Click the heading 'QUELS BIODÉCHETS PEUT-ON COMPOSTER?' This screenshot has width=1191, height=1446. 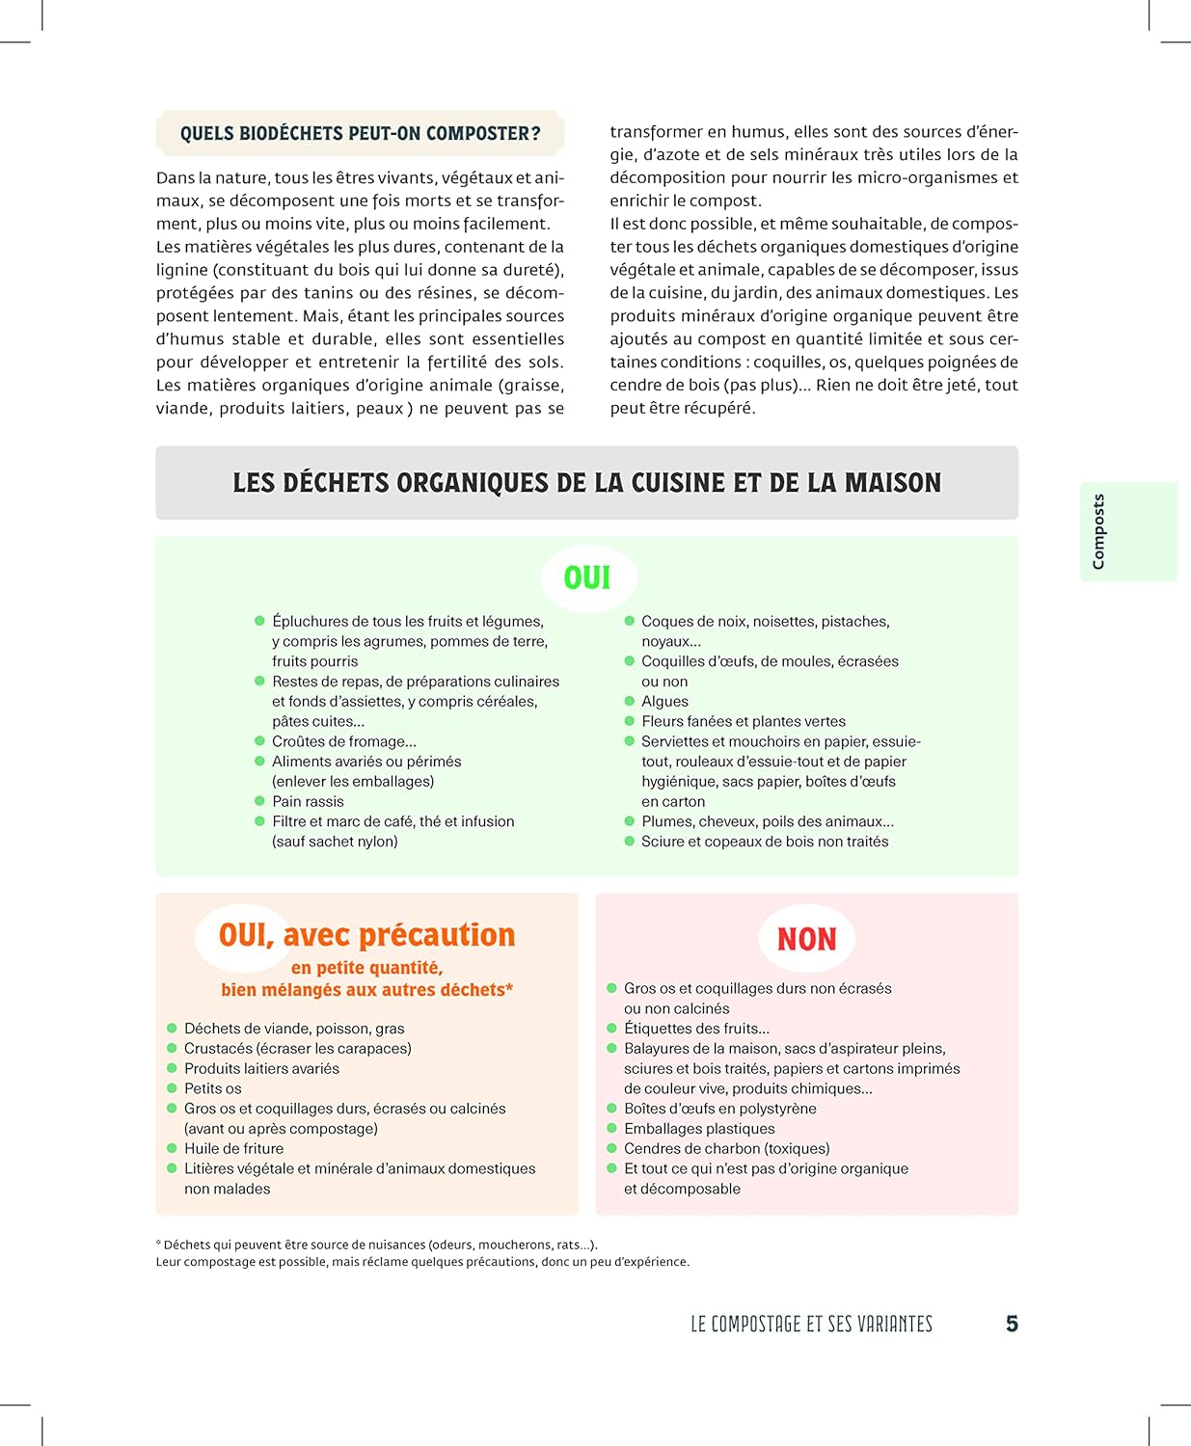tap(360, 134)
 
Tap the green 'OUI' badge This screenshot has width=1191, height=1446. tap(587, 578)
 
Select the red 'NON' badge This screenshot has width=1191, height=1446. tap(806, 939)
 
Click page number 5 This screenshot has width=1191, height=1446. tap(1012, 1324)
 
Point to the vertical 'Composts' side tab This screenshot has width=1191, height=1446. tap(1098, 531)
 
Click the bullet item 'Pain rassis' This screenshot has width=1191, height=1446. tap(308, 801)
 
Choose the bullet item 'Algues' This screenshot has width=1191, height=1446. tap(664, 701)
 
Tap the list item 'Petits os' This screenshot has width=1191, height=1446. tap(213, 1088)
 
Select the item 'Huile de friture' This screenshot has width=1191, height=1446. tap(233, 1148)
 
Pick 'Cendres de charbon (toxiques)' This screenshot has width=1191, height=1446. tap(726, 1148)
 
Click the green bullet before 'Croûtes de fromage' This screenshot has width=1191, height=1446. tap(259, 741)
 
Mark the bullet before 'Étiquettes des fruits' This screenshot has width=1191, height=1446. tap(611, 1029)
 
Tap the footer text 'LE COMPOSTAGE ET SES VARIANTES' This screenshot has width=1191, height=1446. tap(811, 1325)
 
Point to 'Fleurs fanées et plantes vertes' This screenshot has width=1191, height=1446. tap(743, 721)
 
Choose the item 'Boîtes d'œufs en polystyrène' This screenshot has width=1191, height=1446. tap(719, 1109)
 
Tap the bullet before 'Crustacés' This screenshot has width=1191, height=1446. tap(172, 1048)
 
